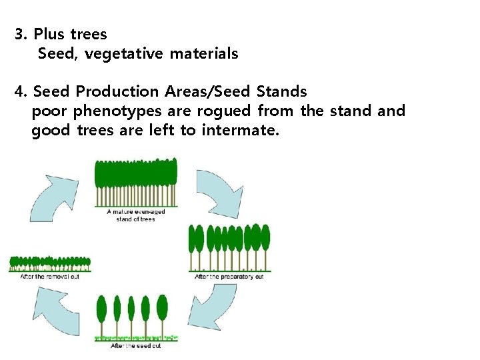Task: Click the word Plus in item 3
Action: [x=50, y=33]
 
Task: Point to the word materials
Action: [x=203, y=53]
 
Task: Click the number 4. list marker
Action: [x=21, y=91]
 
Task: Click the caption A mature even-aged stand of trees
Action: [x=135, y=215]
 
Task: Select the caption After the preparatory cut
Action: [x=229, y=277]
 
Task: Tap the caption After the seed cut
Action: [x=135, y=346]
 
